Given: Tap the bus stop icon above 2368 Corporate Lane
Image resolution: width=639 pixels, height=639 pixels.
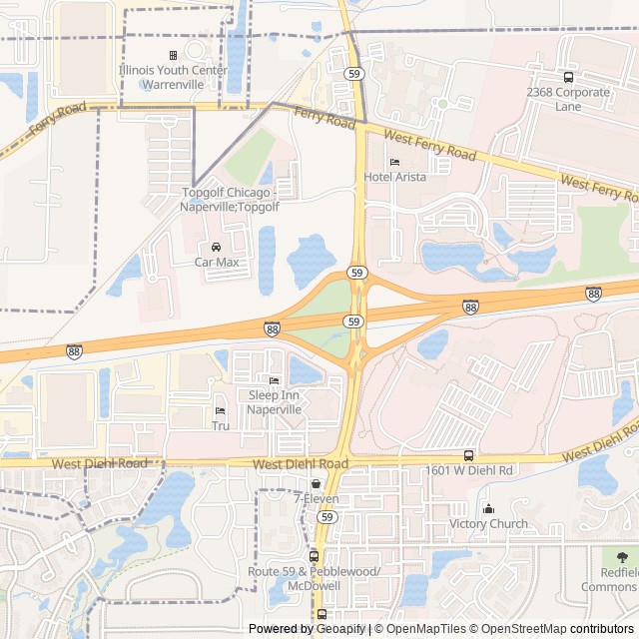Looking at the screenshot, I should [x=568, y=77].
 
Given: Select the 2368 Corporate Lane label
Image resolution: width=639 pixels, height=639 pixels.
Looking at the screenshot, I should [x=568, y=99].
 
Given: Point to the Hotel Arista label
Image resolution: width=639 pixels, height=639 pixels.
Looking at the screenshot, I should [x=394, y=177].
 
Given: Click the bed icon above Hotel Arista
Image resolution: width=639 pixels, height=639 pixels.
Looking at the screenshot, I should [x=394, y=162].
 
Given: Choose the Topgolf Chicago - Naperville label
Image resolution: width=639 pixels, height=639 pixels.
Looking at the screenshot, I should [x=230, y=199].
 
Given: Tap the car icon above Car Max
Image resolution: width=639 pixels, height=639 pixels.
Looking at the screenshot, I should [x=217, y=247].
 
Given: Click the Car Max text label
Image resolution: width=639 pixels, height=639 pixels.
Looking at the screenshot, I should [x=217, y=262].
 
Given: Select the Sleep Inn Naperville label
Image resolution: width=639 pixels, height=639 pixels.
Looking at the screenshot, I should [x=274, y=402].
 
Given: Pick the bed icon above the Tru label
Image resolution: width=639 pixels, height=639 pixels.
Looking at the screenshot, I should [x=221, y=410].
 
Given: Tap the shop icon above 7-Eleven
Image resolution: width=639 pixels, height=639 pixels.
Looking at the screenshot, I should [x=316, y=483].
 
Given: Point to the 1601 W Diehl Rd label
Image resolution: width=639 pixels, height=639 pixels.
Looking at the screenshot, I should [x=468, y=470].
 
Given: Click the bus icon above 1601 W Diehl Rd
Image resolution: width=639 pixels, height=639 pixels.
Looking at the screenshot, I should [x=468, y=455].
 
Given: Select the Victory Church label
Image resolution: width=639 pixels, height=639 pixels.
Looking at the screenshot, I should [x=488, y=523].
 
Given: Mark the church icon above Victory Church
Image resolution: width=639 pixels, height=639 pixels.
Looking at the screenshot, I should [x=488, y=508].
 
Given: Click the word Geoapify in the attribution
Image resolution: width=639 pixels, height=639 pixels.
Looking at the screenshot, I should [x=340, y=629].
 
